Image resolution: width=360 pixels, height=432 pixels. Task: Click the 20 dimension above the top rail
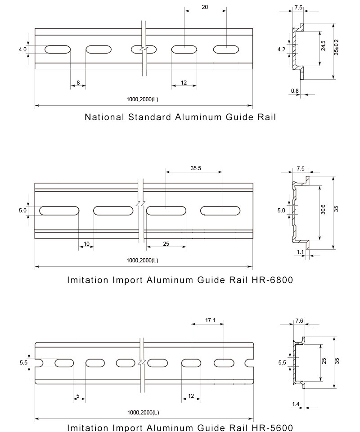coord(205,8)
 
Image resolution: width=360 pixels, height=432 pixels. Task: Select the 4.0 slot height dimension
coord(22,49)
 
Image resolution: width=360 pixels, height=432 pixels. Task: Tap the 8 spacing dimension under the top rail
coord(78,82)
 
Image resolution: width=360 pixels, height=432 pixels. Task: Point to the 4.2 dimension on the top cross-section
coord(281,49)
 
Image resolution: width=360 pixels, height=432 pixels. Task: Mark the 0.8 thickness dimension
coord(295,90)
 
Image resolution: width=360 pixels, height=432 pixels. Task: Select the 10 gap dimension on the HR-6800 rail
coord(86,243)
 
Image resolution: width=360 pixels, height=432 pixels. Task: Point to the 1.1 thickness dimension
coord(300,252)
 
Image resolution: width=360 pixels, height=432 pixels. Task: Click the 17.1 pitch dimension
coord(210,320)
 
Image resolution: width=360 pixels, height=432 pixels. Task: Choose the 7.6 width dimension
coord(300,320)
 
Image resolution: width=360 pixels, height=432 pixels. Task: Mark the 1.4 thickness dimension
coord(296,404)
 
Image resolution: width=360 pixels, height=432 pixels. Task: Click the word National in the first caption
coord(104,117)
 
